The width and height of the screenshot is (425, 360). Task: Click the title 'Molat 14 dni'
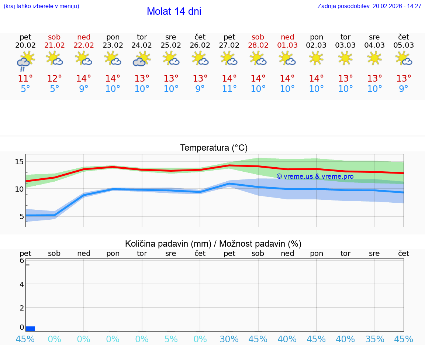point(174,11)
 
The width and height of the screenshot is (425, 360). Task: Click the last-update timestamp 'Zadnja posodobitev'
point(369,6)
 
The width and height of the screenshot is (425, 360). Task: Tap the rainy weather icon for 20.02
point(25,61)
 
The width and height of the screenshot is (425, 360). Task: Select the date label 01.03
point(287,45)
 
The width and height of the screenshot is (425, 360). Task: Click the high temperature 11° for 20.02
point(25,79)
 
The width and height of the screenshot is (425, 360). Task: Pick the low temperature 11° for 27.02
point(229,89)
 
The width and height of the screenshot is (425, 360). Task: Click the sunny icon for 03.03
point(345,58)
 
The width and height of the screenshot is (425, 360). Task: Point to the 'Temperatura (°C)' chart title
point(214,148)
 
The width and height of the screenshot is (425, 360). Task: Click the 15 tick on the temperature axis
point(20,162)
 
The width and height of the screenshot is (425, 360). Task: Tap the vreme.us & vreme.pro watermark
point(315,176)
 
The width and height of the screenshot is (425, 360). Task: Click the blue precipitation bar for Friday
point(31,329)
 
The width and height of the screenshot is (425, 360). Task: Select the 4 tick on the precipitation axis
point(22,284)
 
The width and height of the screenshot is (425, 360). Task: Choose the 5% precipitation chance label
point(171,339)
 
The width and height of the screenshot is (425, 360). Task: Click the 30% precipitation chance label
point(229,339)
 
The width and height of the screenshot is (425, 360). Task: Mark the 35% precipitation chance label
point(374,339)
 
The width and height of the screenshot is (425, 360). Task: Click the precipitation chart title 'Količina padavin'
point(213,244)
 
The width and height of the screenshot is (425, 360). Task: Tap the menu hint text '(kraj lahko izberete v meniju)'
point(41,6)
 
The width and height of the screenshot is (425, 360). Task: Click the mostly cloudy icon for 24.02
point(142,59)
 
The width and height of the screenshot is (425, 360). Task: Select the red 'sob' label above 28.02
point(258,37)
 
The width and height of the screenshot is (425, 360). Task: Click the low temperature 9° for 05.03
point(404,89)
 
